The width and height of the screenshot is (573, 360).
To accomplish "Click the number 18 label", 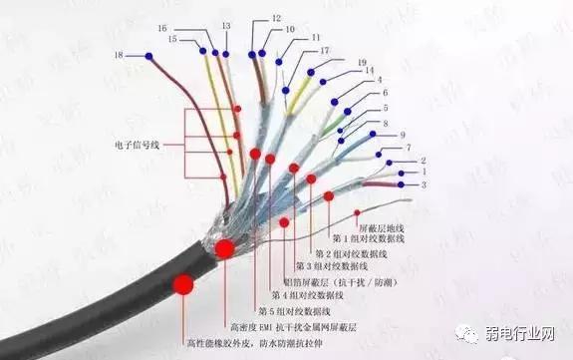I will [120, 54].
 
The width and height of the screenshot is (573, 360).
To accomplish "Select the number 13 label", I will [226, 25].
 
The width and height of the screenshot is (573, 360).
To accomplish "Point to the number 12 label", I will [276, 18].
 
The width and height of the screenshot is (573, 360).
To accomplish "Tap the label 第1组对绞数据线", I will [368, 239].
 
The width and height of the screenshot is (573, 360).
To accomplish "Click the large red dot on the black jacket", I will [182, 285].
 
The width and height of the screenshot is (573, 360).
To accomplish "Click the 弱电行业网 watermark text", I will [524, 333].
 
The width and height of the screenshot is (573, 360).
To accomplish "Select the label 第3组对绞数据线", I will [333, 267].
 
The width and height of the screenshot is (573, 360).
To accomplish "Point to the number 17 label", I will [324, 50].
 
